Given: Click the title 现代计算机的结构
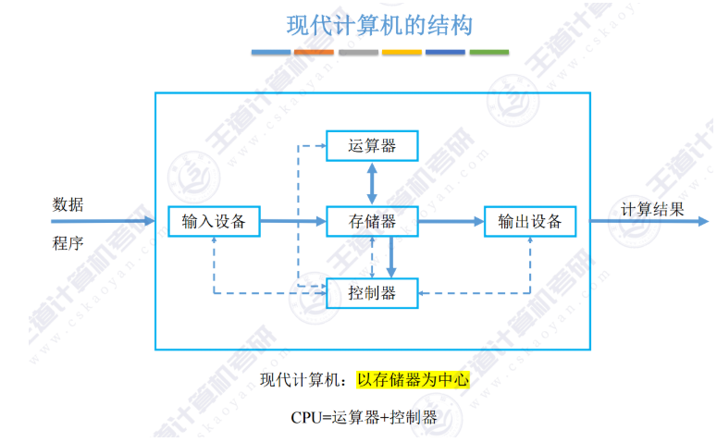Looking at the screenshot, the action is click(x=379, y=25).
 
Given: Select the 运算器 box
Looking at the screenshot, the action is click(x=372, y=145).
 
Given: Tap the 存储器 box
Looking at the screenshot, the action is click(x=372, y=222).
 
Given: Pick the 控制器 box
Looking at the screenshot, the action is click(x=372, y=293).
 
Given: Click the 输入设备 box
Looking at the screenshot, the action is click(x=214, y=222).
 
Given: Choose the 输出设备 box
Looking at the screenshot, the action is click(x=529, y=222).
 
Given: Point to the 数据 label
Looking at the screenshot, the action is click(x=68, y=204).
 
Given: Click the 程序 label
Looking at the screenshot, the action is click(x=68, y=244).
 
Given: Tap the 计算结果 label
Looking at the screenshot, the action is click(x=652, y=209).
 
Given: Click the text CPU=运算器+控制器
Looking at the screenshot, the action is click(x=364, y=417).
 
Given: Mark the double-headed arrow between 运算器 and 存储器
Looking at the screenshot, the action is click(x=372, y=183).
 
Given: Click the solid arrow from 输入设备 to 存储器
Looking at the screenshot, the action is click(x=292, y=222).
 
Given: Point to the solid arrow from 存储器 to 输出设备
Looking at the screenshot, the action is click(x=451, y=222).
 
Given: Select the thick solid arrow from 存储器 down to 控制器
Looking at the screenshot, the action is click(x=391, y=256).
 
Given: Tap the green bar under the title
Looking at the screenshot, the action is click(x=488, y=53).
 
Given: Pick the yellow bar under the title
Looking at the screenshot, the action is click(x=402, y=53).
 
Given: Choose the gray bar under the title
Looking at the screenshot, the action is click(x=358, y=53).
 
